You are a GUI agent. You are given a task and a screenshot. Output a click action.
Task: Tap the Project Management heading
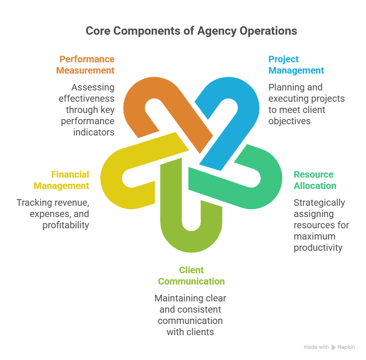(x=296, y=65)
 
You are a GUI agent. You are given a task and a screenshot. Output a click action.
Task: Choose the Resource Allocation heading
(x=315, y=180)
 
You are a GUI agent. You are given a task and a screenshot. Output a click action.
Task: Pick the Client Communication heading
(x=191, y=276)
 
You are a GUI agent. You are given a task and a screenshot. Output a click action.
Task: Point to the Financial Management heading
(x=61, y=180)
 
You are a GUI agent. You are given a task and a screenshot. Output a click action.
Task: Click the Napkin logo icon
(x=334, y=347)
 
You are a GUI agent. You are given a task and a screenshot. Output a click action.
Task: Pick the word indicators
(x=94, y=132)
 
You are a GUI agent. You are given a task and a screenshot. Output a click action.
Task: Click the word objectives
(x=289, y=121)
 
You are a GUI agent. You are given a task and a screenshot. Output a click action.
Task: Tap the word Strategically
(x=319, y=202)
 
